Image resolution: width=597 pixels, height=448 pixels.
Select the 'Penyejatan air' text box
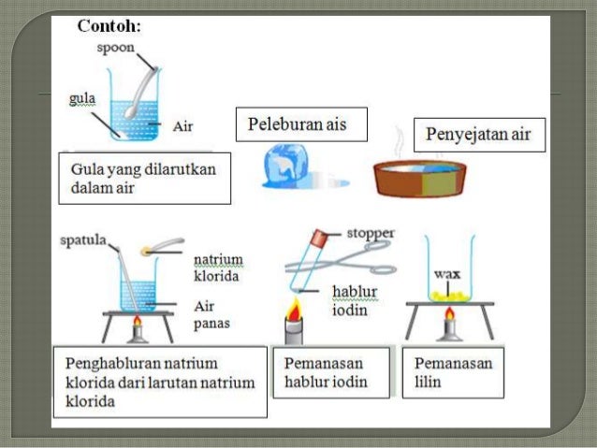[x=478, y=135]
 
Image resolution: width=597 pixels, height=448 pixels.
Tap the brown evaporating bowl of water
[x=420, y=178]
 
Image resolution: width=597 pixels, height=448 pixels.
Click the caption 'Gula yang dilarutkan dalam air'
[x=143, y=178]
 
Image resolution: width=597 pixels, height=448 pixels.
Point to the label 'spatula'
[x=83, y=240]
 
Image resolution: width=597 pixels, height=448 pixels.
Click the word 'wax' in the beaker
[x=445, y=275]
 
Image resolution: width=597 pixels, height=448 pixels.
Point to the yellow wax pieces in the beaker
[x=446, y=295]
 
